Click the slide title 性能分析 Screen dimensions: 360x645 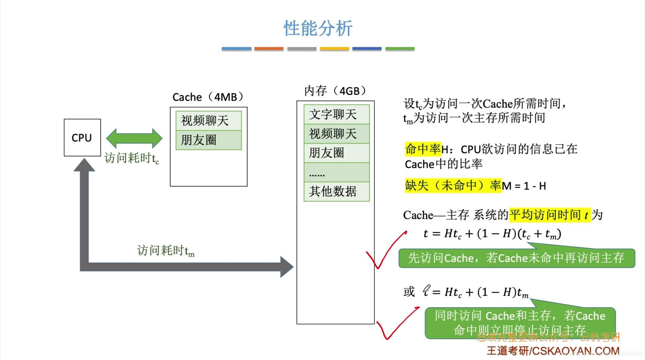tap(318, 28)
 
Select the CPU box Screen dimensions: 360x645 tap(82, 138)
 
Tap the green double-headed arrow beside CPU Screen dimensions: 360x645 tap(134, 138)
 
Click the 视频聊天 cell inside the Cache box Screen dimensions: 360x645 tap(209, 121)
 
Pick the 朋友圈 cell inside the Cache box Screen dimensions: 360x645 tap(209, 140)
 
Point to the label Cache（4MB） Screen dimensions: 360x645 tap(208, 97)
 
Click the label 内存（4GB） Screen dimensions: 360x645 tap(335, 91)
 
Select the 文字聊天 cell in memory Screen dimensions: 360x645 tap(336, 114)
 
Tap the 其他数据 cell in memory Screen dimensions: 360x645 tap(336, 192)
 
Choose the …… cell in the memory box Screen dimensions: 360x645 tap(336, 173)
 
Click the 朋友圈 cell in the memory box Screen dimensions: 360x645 tap(336, 153)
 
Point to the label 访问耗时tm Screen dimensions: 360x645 tap(165, 251)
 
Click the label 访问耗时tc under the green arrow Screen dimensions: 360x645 tap(132, 158)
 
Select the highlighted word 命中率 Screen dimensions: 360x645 tap(423, 149)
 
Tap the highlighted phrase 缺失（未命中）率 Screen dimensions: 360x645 tap(453, 185)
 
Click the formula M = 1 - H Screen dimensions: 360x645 tap(524, 186)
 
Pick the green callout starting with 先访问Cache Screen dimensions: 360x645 tap(516, 258)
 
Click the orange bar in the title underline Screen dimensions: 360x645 tap(269, 49)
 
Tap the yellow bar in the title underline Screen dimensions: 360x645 tap(334, 49)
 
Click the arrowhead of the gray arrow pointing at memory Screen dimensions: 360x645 tap(287, 267)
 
